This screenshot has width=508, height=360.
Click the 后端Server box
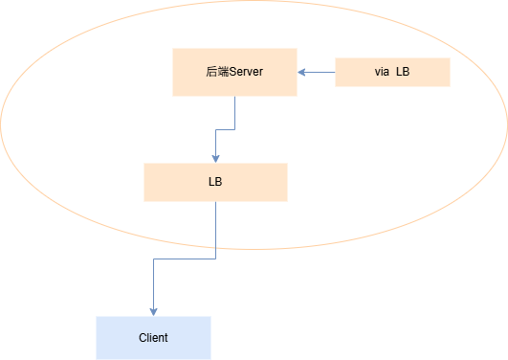point(235,73)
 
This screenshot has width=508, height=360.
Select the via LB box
point(392,73)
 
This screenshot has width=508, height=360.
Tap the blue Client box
point(154,338)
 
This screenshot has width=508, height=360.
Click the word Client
point(153,338)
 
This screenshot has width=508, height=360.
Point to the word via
point(382,72)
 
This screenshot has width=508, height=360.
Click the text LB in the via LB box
point(403,72)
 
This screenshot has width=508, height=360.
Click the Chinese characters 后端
point(217,72)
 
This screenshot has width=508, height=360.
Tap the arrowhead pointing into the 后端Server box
point(301,73)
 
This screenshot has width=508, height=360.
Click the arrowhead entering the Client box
point(154,312)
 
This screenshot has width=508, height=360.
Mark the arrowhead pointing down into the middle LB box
point(216,159)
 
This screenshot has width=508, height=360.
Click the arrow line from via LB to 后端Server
point(317,73)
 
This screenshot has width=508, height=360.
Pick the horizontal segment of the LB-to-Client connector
point(185,259)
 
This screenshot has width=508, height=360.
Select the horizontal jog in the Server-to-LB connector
point(225,129)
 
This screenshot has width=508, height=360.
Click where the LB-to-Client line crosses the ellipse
point(216,248)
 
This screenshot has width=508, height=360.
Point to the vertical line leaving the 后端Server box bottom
point(235,113)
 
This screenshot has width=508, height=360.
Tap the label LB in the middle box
point(215,182)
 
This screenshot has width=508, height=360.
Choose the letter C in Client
point(143,338)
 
